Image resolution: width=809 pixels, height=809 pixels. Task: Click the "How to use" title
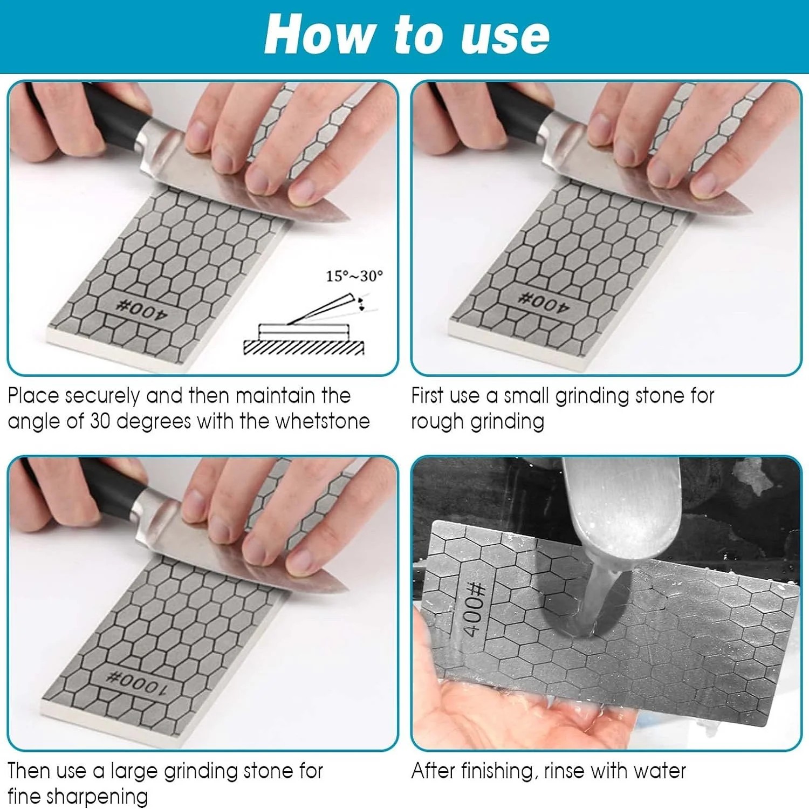click(x=407, y=35)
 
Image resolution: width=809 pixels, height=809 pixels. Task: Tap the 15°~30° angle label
click(x=354, y=276)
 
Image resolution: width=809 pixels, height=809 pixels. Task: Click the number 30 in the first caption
click(x=100, y=421)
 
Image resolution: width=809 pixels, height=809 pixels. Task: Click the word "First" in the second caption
click(x=427, y=396)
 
